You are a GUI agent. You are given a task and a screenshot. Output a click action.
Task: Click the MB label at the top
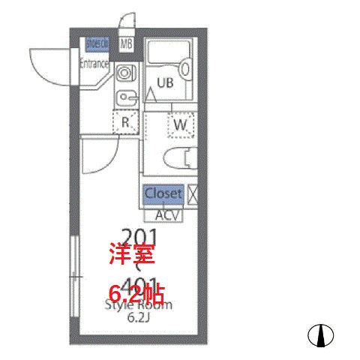(125, 43)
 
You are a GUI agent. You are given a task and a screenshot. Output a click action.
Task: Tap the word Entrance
(94, 64)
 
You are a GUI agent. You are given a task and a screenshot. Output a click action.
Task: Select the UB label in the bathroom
(165, 83)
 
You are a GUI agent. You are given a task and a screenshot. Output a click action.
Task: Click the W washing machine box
(180, 124)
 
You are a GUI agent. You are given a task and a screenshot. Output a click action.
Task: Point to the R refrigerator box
(126, 121)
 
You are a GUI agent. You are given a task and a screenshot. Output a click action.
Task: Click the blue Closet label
(163, 193)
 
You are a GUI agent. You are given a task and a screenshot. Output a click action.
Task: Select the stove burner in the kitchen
(124, 73)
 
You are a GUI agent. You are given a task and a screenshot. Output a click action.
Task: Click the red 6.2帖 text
(136, 291)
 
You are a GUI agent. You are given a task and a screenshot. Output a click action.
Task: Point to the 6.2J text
(138, 318)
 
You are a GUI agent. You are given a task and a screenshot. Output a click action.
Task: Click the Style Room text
(138, 305)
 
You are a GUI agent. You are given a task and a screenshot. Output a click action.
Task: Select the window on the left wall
(74, 277)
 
